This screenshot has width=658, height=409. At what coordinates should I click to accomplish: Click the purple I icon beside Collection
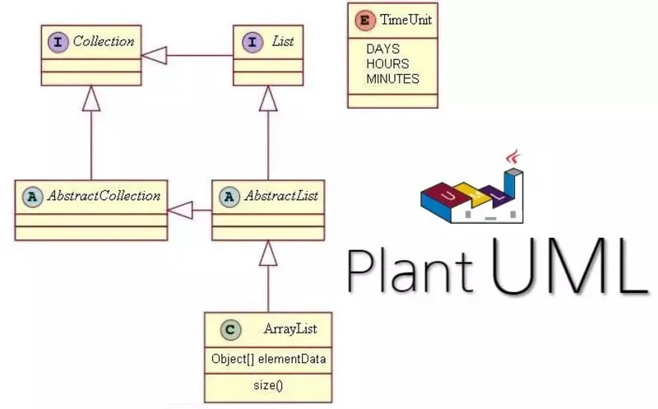tap(58, 41)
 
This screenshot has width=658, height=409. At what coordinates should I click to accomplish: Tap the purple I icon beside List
tap(250, 41)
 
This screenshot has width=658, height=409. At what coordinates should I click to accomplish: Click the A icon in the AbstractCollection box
tap(32, 197)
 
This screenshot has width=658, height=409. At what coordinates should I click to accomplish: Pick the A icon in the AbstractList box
tap(229, 197)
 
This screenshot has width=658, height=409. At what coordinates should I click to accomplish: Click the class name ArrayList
tap(290, 330)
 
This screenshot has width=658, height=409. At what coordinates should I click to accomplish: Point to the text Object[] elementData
tap(267, 360)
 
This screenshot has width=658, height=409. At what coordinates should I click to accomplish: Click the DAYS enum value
tap(382, 49)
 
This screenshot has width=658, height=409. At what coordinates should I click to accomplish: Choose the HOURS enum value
tap(387, 64)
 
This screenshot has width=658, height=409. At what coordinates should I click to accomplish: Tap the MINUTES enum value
tap(392, 79)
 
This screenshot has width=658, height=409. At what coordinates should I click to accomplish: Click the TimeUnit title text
tap(405, 20)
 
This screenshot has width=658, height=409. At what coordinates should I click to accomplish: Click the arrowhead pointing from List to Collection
tap(154, 55)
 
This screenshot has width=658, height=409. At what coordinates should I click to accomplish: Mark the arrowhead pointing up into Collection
tap(90, 99)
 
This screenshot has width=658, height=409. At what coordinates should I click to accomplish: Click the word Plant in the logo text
tap(410, 270)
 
